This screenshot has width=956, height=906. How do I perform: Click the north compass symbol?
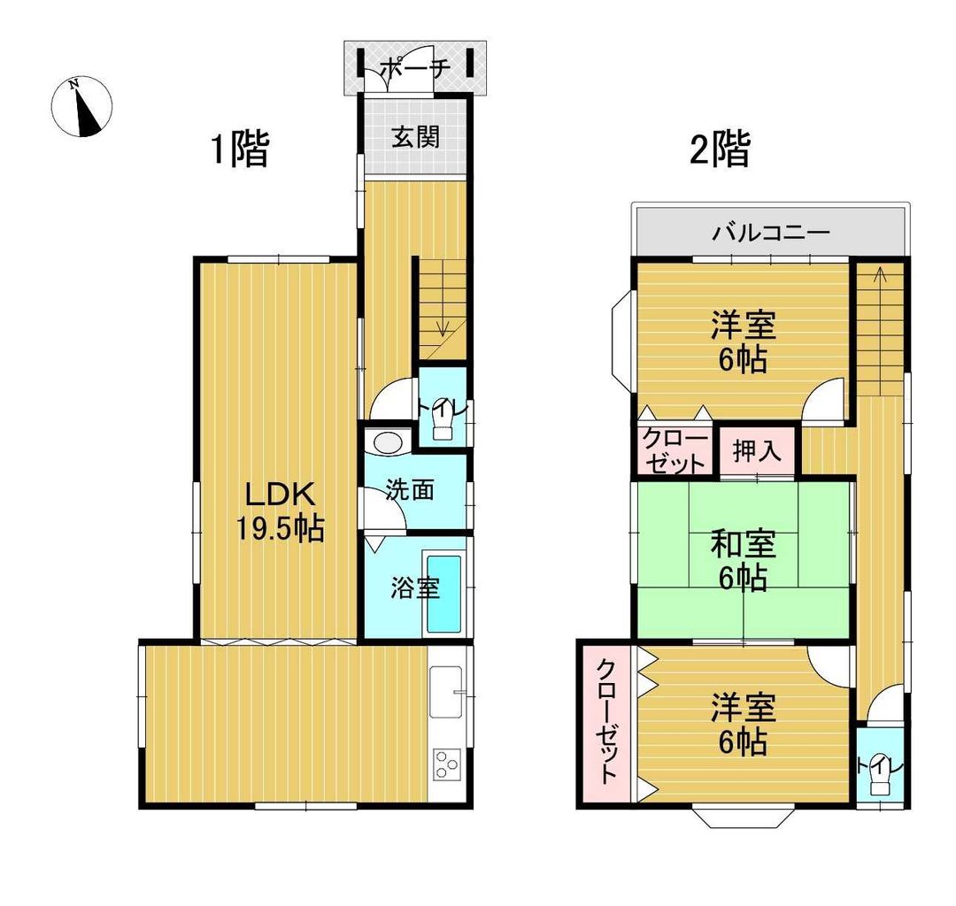pos(81,107)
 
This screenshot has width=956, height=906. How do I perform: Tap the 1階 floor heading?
pos(238,150)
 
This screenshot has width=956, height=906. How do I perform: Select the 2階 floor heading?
pos(720,150)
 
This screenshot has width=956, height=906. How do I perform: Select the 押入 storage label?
pos(758,451)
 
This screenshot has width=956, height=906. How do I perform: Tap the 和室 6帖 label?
pos(744,560)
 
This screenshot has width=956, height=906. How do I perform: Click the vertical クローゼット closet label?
pos(606,722)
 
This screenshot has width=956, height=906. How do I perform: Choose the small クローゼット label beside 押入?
pos(674,451)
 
